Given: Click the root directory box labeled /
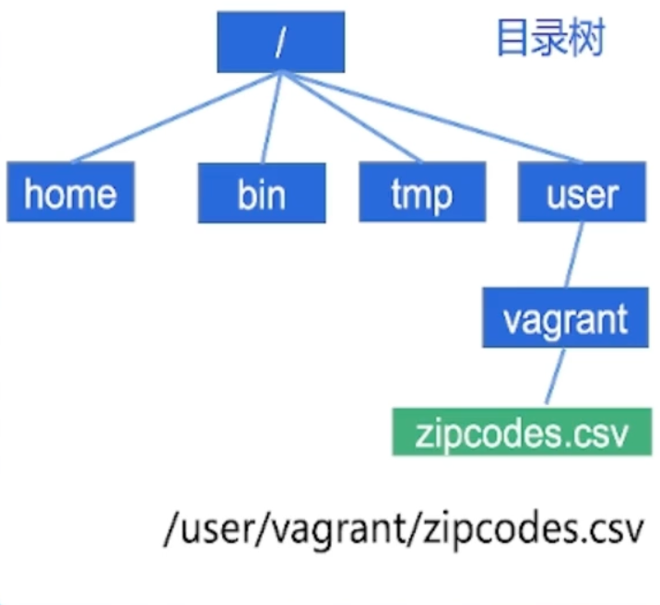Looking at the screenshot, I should [280, 42].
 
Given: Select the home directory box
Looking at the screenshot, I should [70, 193].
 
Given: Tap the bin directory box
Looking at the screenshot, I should [261, 193].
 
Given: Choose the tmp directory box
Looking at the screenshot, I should [421, 193].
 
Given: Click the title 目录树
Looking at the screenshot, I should [550, 39].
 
